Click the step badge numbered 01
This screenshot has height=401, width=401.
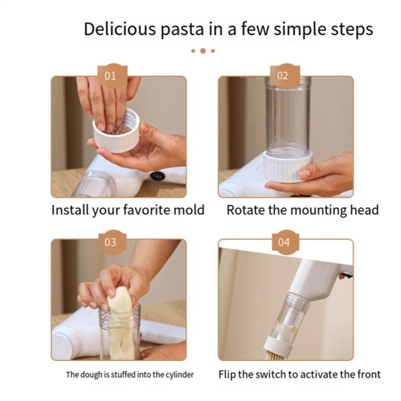[111, 76]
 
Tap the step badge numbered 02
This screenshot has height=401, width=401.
[283, 76]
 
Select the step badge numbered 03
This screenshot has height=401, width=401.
[111, 242]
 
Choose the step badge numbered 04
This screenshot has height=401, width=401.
[284, 242]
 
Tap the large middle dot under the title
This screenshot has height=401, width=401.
[203, 51]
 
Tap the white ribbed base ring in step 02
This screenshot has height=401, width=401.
[287, 167]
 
